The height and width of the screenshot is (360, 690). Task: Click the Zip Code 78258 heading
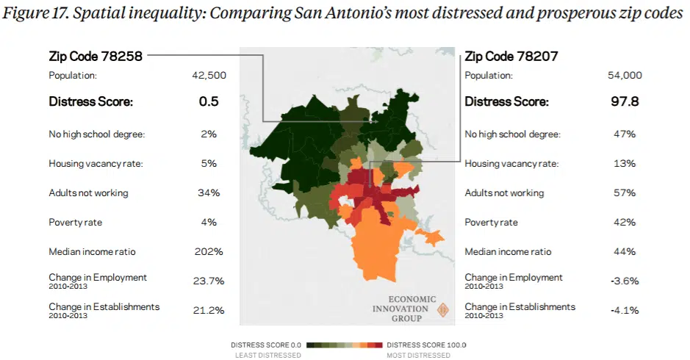coord(96,56)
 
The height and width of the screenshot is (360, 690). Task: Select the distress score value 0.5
coord(209,101)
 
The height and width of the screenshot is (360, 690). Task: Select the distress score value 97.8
coord(625,101)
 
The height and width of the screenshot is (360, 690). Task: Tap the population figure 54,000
coord(625,75)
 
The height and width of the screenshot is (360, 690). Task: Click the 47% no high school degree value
coord(625,134)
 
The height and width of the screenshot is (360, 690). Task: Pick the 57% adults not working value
coord(625,193)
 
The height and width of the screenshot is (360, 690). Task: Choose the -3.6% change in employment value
coord(625,281)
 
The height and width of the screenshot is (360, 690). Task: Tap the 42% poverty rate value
coord(625,223)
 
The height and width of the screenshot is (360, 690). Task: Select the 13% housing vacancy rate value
coord(625,164)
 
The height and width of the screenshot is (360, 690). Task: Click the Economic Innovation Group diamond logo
coord(442,310)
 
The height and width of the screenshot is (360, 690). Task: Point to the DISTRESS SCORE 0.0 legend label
coord(267,345)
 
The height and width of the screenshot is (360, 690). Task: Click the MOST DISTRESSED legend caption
coord(419,355)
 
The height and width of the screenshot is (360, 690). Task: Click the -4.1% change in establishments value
coord(625,311)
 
